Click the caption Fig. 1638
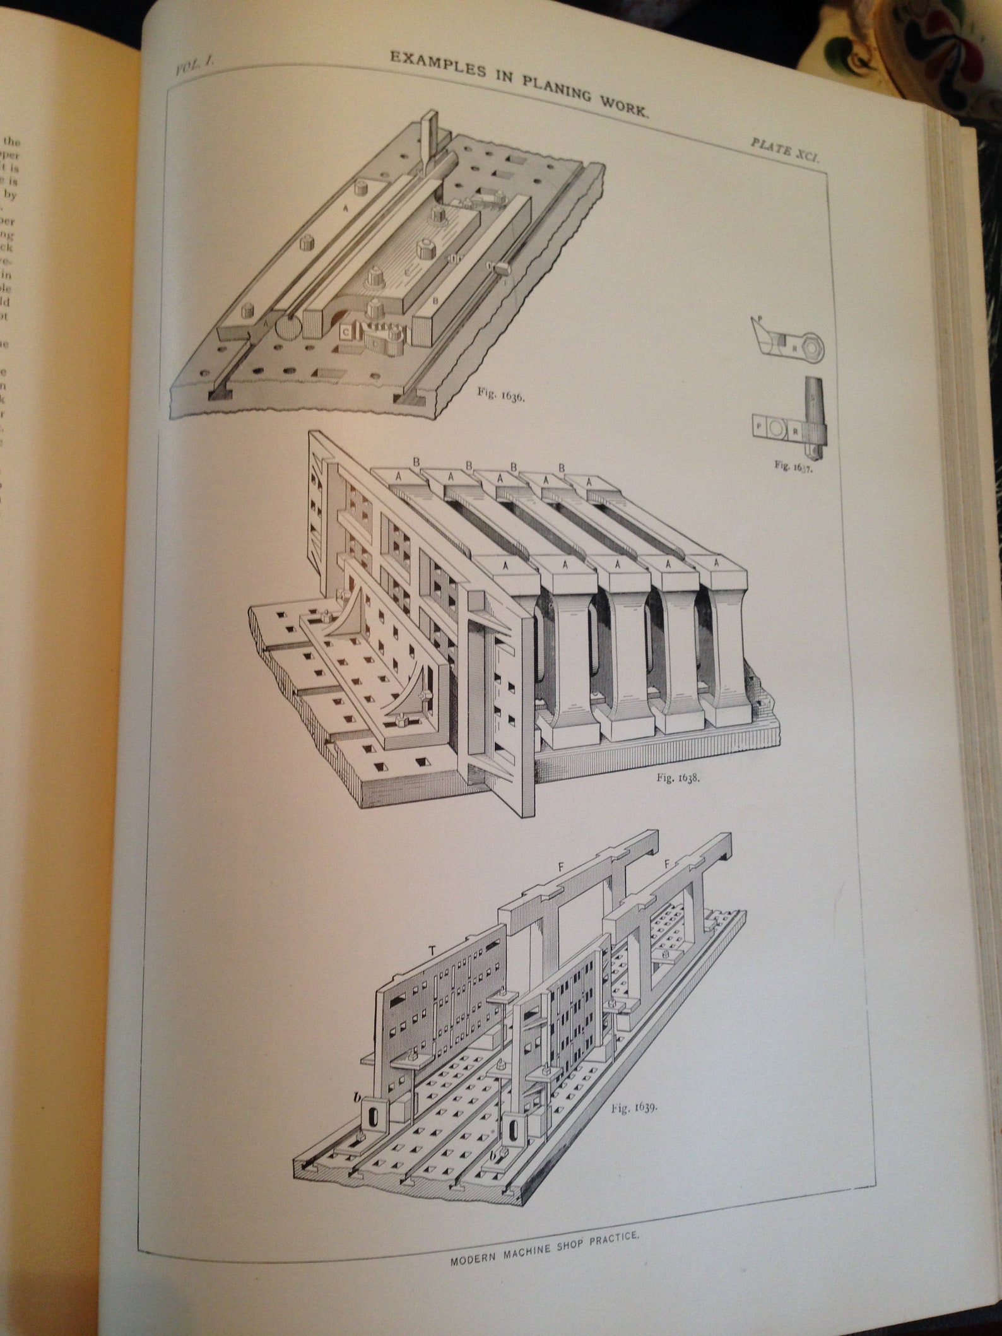point(678,777)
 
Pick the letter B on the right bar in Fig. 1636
point(435,301)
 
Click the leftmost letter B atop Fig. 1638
point(416,461)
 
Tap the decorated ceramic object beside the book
point(909,44)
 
